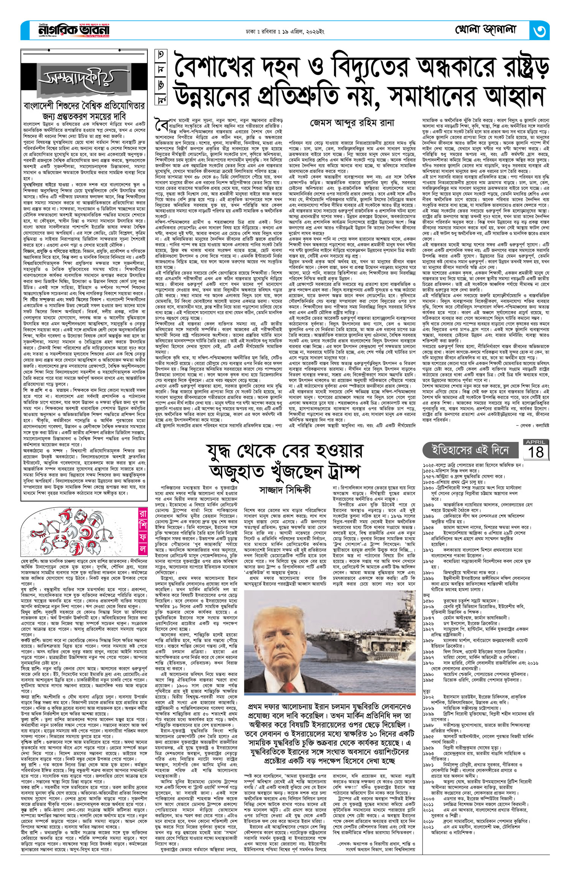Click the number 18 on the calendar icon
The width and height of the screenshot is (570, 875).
tap(536, 452)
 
